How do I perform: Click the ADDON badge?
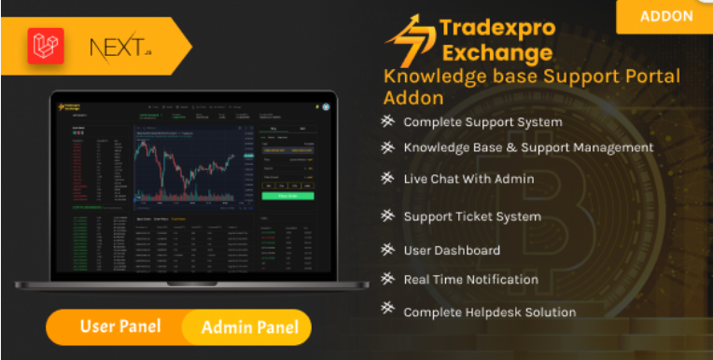point(666,16)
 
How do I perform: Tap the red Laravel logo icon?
point(44,45)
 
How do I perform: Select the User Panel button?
point(119,326)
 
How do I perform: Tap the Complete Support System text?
point(482,122)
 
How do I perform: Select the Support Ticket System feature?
point(472,216)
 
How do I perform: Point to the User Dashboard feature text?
point(452,250)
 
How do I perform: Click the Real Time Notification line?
point(470,279)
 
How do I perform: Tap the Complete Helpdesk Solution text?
point(489,312)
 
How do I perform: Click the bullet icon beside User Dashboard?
point(387,249)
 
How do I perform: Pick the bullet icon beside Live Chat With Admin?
point(387,177)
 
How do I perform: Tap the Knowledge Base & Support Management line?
point(528,147)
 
